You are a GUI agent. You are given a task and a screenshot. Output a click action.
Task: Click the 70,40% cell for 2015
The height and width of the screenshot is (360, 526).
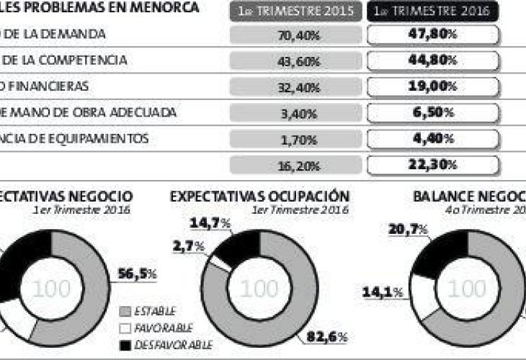(x=295, y=35)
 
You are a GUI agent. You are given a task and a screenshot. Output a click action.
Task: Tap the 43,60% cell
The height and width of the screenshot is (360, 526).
(x=295, y=60)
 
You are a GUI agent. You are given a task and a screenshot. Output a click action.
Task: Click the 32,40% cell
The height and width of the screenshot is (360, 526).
(x=295, y=86)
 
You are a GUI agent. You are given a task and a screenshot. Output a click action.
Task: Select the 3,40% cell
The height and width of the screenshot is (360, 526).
(x=295, y=112)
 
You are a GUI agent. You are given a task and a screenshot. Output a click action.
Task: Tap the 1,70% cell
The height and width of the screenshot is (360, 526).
(x=295, y=138)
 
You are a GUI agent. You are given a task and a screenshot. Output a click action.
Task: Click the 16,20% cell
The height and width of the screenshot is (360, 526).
(x=295, y=165)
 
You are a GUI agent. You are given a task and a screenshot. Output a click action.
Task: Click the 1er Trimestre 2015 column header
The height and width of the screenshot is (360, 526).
(x=295, y=11)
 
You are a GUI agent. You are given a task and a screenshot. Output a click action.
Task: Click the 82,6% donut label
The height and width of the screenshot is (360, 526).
(x=329, y=337)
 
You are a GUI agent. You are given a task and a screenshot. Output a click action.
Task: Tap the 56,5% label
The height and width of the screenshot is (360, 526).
(x=137, y=274)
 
